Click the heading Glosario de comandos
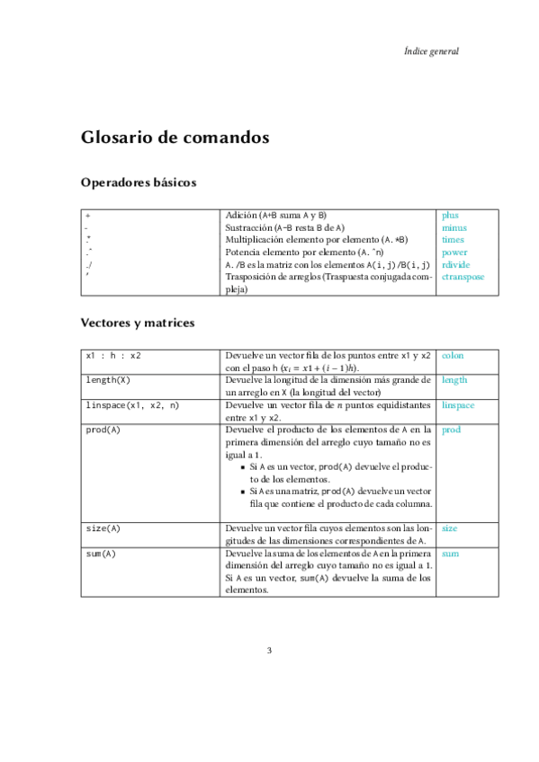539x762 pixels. tap(175, 138)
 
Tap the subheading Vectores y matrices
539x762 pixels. tap(138, 322)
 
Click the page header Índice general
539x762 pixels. tap(432, 51)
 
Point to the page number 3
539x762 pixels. tap(269, 651)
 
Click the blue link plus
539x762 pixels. tap(450, 216)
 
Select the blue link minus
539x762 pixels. tap(454, 228)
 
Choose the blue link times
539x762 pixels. tap(453, 241)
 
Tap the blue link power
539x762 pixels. tap(454, 253)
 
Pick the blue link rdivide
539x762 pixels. tap(456, 265)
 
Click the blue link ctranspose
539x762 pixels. tap(463, 278)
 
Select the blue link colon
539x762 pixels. tap(453, 356)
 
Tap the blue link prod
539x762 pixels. tap(451, 430)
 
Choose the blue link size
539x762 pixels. tap(449, 528)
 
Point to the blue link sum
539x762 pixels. tap(450, 554)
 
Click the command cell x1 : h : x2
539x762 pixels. tap(113, 356)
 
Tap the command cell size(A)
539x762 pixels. tap(103, 528)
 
